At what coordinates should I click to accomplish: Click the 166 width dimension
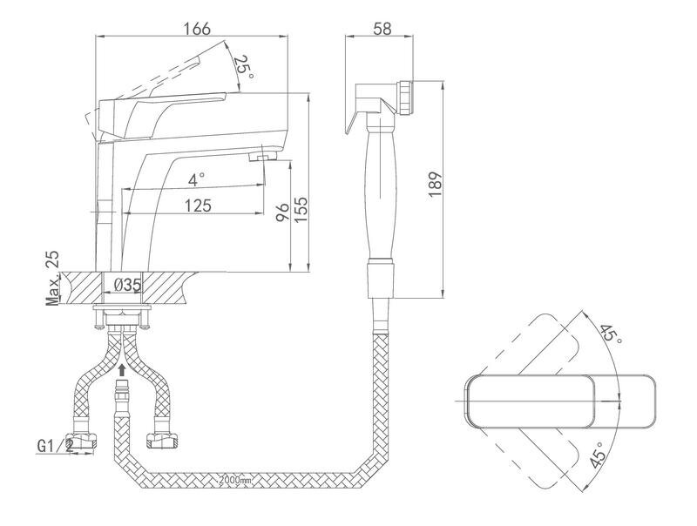tap(198, 29)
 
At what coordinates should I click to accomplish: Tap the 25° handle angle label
tap(244, 67)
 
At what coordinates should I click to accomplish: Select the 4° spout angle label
tap(196, 180)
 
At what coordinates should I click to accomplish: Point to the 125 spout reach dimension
tap(198, 206)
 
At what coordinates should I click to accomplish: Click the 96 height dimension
tap(281, 213)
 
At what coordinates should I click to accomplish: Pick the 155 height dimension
tap(301, 210)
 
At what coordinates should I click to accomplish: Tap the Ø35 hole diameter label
tap(127, 285)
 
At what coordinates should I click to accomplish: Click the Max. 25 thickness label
tap(53, 279)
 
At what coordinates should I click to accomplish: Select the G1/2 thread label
tap(55, 445)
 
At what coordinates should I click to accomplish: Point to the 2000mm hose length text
tap(235, 480)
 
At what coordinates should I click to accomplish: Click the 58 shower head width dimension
tap(382, 29)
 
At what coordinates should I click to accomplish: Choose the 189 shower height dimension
tap(436, 184)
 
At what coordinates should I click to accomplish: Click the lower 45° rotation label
tap(599, 455)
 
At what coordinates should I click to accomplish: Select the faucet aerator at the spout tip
tap(263, 156)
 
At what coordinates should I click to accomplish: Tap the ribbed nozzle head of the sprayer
tap(406, 98)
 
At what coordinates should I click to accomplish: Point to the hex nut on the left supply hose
tap(82, 441)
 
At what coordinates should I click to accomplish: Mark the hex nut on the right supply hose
tap(162, 441)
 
